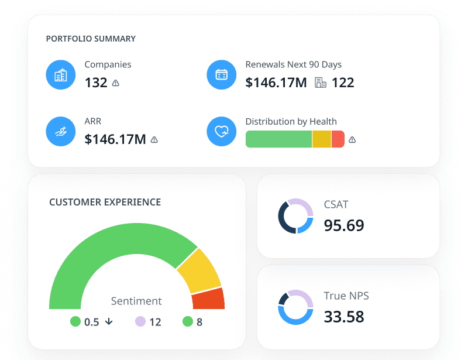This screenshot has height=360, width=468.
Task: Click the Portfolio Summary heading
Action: tap(91, 39)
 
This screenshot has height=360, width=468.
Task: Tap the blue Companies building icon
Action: tap(60, 75)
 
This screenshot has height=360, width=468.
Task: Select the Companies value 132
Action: tap(96, 83)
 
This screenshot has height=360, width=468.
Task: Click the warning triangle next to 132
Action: tap(116, 83)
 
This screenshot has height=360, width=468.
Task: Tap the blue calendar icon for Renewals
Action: tap(222, 75)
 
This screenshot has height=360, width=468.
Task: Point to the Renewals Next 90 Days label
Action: tap(293, 64)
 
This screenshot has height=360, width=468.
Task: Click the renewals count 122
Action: tap(343, 83)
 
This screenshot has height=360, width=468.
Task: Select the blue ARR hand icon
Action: tap(60, 132)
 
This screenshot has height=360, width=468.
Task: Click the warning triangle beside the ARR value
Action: tap(154, 140)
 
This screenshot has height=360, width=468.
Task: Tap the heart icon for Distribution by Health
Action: tap(222, 132)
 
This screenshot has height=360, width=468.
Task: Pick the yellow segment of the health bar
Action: tap(321, 139)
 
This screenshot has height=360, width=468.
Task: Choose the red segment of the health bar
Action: tap(338, 139)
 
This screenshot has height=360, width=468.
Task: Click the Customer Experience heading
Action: tap(105, 202)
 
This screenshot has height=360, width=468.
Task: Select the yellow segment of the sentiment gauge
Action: tap(199, 270)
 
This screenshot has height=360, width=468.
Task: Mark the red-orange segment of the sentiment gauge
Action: tap(208, 299)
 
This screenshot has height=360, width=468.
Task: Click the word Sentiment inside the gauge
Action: tap(136, 301)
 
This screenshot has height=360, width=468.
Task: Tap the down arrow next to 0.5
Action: tap(109, 321)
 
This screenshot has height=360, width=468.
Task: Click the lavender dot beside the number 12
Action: tap(140, 321)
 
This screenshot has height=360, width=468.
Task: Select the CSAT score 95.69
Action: tap(344, 225)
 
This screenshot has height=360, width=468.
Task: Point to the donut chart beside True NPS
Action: tap(295, 307)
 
